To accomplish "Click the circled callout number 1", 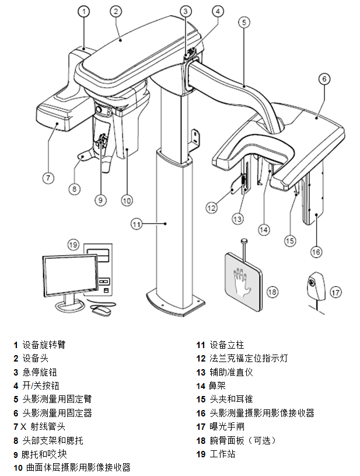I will point(85,11).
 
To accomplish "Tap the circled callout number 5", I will point(244,22).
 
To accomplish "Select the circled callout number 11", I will point(136,223).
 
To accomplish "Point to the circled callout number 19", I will point(72,244).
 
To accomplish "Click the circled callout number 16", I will point(316,252).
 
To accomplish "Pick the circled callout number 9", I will point(101,200).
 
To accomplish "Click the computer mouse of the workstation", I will point(102,310).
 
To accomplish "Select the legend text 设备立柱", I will point(224,345).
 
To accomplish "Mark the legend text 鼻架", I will point(216,385).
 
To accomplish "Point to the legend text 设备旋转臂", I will point(44,345).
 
